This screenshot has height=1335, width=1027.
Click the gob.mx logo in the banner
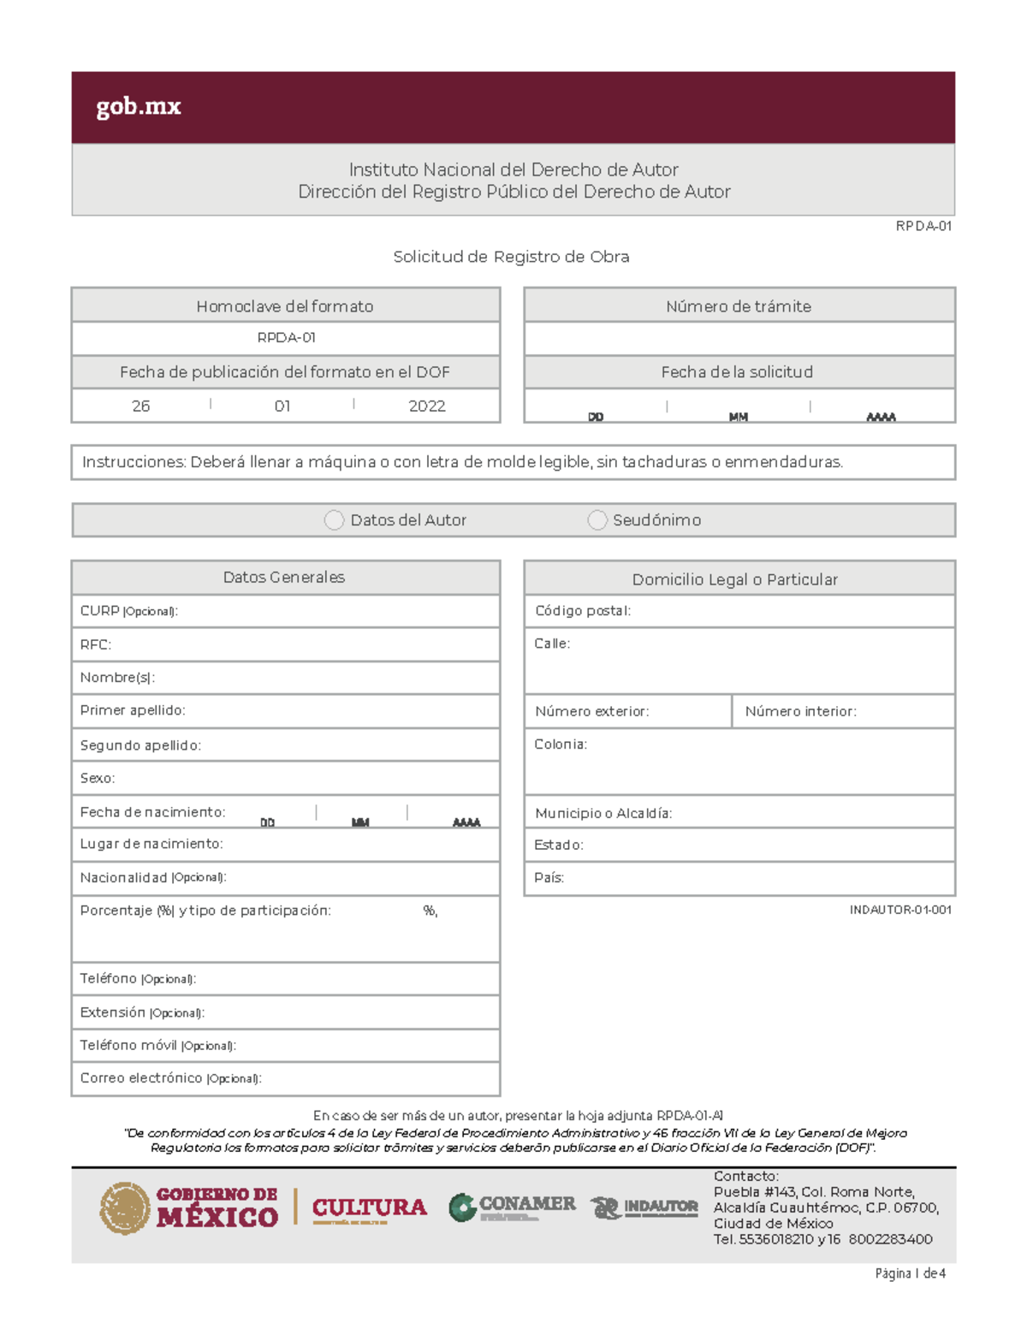tap(139, 107)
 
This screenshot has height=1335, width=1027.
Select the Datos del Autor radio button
tap(335, 520)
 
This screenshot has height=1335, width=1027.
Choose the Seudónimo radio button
tap(597, 520)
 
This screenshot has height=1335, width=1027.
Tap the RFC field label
tap(95, 644)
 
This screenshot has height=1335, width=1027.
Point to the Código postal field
tap(583, 611)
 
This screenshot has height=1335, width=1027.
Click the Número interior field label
tap(800, 711)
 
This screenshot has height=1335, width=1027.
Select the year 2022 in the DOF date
tap(427, 406)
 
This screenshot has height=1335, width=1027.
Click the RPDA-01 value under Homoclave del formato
tap(286, 338)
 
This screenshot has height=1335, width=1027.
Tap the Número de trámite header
tap(739, 306)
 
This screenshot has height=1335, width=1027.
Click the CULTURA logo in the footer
tap(369, 1207)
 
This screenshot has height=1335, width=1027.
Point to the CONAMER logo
tap(512, 1207)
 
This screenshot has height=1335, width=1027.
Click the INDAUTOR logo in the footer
tap(644, 1207)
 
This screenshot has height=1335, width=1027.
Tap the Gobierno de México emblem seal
tap(125, 1208)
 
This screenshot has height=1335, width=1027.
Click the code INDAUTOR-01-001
tap(899, 910)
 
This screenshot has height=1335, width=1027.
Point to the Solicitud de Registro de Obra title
tap(511, 257)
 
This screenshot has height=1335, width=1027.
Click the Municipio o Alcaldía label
tap(603, 813)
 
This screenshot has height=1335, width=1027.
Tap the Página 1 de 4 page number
tap(910, 1273)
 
